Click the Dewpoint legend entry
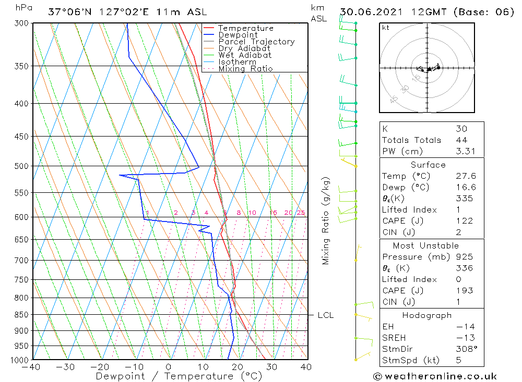pos(238,35)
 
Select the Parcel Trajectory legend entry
pos(256,42)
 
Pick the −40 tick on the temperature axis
pos(31,367)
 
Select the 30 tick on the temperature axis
pos(271,367)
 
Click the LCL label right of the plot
pos(325,315)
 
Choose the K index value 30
pos(461,129)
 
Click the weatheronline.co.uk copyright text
pos(435,376)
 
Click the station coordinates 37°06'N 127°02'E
pos(103,12)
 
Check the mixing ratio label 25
pos(301,213)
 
